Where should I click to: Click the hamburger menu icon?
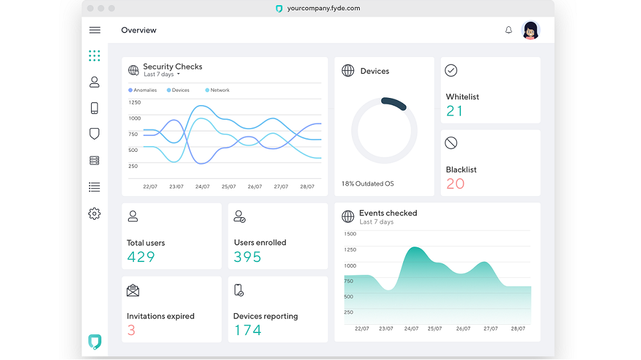[95, 30]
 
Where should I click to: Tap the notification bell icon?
[508, 30]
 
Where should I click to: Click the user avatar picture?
[530, 30]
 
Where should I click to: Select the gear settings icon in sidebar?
[94, 214]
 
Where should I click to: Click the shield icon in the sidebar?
[94, 134]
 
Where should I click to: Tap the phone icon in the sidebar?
[94, 108]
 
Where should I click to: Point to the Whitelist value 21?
[454, 111]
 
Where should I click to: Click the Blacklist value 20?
[455, 184]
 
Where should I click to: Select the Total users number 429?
[141, 257]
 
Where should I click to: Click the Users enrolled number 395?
[247, 257]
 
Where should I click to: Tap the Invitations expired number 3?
[131, 331]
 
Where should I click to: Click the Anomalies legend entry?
[143, 90]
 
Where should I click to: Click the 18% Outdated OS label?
[367, 184]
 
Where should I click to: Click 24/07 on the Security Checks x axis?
[203, 187]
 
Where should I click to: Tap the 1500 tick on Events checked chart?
[350, 234]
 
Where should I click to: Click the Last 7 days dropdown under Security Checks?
[162, 75]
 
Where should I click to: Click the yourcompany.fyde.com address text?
[324, 8]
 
